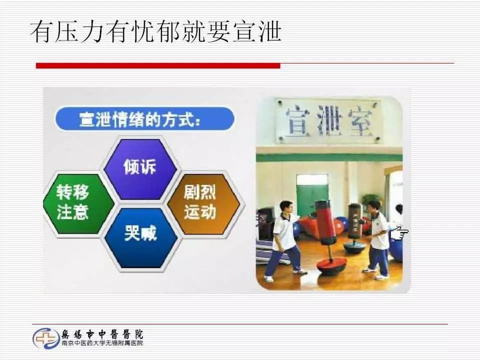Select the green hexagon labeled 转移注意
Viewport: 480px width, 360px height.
coord(72,203)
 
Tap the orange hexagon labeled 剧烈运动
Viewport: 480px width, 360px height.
coord(200,203)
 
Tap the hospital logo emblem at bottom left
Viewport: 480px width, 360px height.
coord(45,338)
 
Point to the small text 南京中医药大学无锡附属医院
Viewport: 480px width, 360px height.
coord(102,343)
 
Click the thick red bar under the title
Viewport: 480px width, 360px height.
coord(158,65)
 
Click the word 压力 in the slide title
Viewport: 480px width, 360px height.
coord(80,31)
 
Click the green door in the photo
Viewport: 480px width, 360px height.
coord(312,195)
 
